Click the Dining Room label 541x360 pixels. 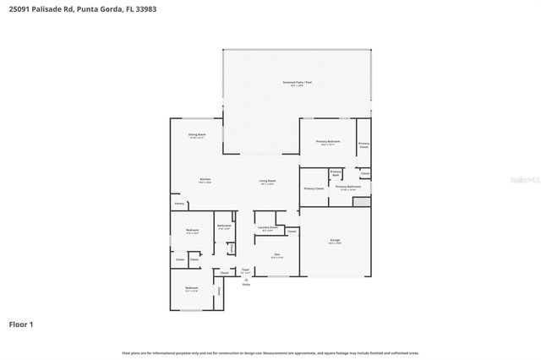[x=198, y=135]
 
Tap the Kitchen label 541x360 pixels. [x=205, y=180]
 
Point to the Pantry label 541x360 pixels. [x=179, y=204]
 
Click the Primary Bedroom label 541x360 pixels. [x=328, y=141]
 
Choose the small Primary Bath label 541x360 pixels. [x=336, y=173]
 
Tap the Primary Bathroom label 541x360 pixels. [x=348, y=187]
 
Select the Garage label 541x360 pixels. [x=335, y=241]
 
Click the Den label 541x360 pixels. [x=276, y=255]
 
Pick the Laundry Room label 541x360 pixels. [x=267, y=228]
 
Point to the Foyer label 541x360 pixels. [x=245, y=270]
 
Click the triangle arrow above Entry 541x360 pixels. [x=246, y=280]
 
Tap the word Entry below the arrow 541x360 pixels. [x=246, y=285]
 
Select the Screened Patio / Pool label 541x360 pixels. [x=297, y=83]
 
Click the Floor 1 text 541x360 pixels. [x=21, y=324]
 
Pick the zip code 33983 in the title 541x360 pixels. [x=144, y=8]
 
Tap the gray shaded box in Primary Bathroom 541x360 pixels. [x=362, y=202]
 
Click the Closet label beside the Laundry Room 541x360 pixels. [x=292, y=231]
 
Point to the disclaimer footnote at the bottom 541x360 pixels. [x=270, y=352]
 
